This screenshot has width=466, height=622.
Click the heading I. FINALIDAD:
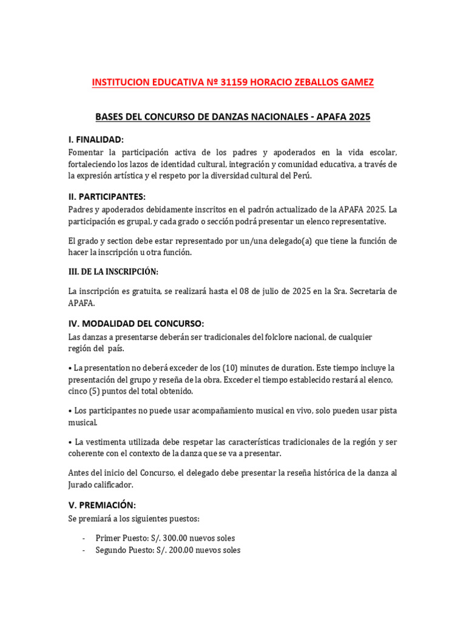(96, 140)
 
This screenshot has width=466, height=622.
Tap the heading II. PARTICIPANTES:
(107, 196)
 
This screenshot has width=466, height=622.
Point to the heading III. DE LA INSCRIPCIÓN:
(113, 272)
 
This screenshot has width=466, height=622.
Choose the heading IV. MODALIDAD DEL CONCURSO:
(136, 323)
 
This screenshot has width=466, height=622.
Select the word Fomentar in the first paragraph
(87, 152)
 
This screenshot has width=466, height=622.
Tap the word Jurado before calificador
(83, 484)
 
